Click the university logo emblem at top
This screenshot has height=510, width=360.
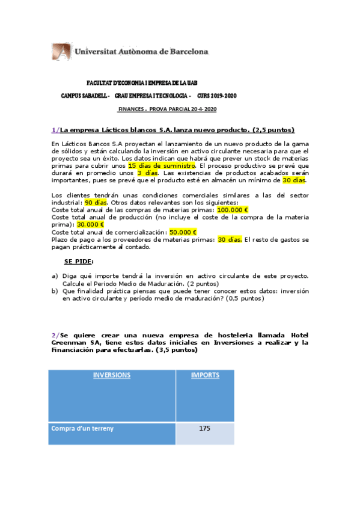[x=62, y=52]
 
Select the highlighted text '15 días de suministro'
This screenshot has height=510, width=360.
[x=162, y=165]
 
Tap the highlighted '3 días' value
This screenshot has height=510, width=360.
[x=139, y=172]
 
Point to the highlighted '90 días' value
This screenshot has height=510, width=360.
[x=96, y=203]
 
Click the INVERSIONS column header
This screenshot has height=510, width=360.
[x=111, y=375]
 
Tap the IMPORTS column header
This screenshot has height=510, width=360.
[x=204, y=375]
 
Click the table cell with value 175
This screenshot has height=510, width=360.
[x=204, y=428]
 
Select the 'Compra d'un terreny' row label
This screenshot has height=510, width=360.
[x=82, y=428]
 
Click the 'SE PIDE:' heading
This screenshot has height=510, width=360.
[x=79, y=261]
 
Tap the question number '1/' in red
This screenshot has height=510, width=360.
[x=55, y=130]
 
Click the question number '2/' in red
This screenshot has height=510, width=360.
[x=55, y=334]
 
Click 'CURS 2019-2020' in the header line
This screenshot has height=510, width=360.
[x=217, y=96]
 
